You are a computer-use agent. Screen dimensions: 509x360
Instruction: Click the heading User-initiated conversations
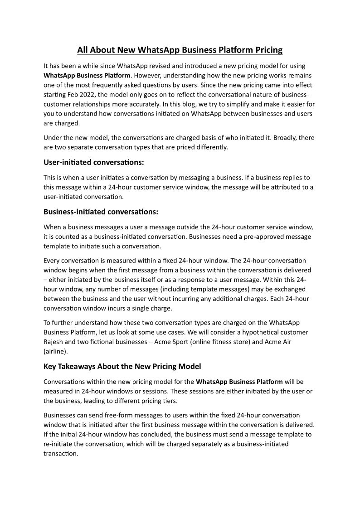click(94, 162)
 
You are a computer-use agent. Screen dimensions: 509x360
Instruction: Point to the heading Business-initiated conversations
click(101, 212)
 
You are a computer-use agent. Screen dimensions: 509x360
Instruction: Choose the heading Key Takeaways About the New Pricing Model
click(122, 366)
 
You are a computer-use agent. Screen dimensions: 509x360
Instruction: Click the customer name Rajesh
click(55, 341)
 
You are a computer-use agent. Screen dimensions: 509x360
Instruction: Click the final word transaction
click(61, 453)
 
